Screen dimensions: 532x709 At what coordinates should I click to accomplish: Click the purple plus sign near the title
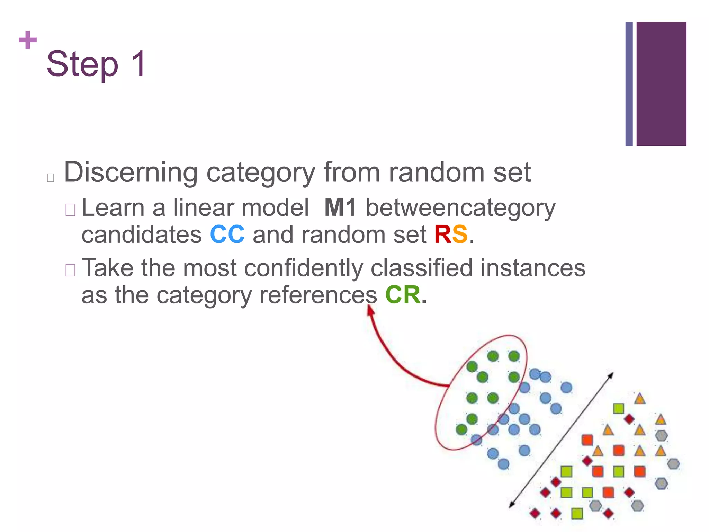point(28,40)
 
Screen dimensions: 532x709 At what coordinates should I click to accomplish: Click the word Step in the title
point(82,64)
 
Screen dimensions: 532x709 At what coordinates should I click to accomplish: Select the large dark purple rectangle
point(661,84)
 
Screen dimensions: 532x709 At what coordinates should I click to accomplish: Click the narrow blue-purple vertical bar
point(629,84)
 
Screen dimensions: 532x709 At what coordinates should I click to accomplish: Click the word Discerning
point(131,172)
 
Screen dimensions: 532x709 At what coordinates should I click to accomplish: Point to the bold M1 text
point(340,208)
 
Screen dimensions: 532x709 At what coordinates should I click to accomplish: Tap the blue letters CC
point(227,235)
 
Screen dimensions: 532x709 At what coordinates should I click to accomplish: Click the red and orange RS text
point(451,235)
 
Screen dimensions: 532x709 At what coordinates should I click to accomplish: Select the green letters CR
point(403,295)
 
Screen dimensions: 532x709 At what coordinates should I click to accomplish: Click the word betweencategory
point(460,209)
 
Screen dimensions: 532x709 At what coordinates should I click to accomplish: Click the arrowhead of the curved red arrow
point(370,310)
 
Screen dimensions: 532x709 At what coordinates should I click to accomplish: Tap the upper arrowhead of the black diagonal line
point(611,375)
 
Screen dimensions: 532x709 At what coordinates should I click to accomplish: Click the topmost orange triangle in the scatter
point(640,399)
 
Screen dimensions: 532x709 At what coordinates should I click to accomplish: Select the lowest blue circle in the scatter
point(503,464)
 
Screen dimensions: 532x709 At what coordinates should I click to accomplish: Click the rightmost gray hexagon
point(673,463)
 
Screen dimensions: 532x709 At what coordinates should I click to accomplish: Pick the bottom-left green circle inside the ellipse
point(461,429)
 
